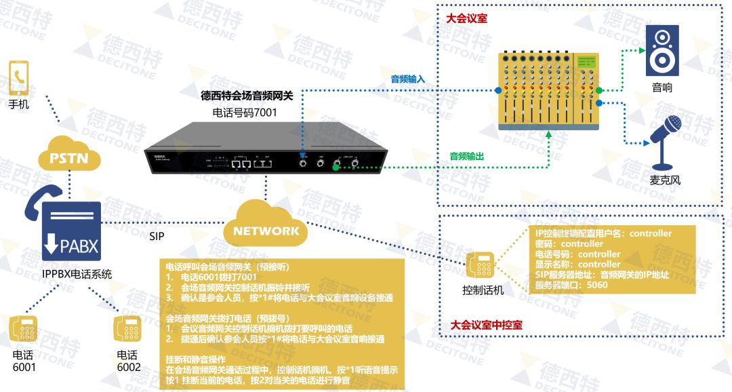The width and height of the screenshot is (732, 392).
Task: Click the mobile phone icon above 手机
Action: (18, 79)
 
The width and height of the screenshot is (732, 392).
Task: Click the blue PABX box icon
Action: (72, 231)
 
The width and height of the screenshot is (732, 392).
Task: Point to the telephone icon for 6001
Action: (24, 330)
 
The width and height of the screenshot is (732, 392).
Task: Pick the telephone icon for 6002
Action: (127, 330)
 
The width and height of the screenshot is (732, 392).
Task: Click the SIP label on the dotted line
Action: (157, 237)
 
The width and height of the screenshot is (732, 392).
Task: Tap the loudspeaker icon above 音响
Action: (662, 51)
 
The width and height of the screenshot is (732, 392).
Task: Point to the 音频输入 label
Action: (407, 79)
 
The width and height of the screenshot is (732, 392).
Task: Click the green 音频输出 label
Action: (467, 156)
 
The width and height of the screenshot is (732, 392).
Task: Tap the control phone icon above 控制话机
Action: (480, 267)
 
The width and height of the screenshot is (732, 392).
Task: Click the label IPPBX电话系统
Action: (77, 275)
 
